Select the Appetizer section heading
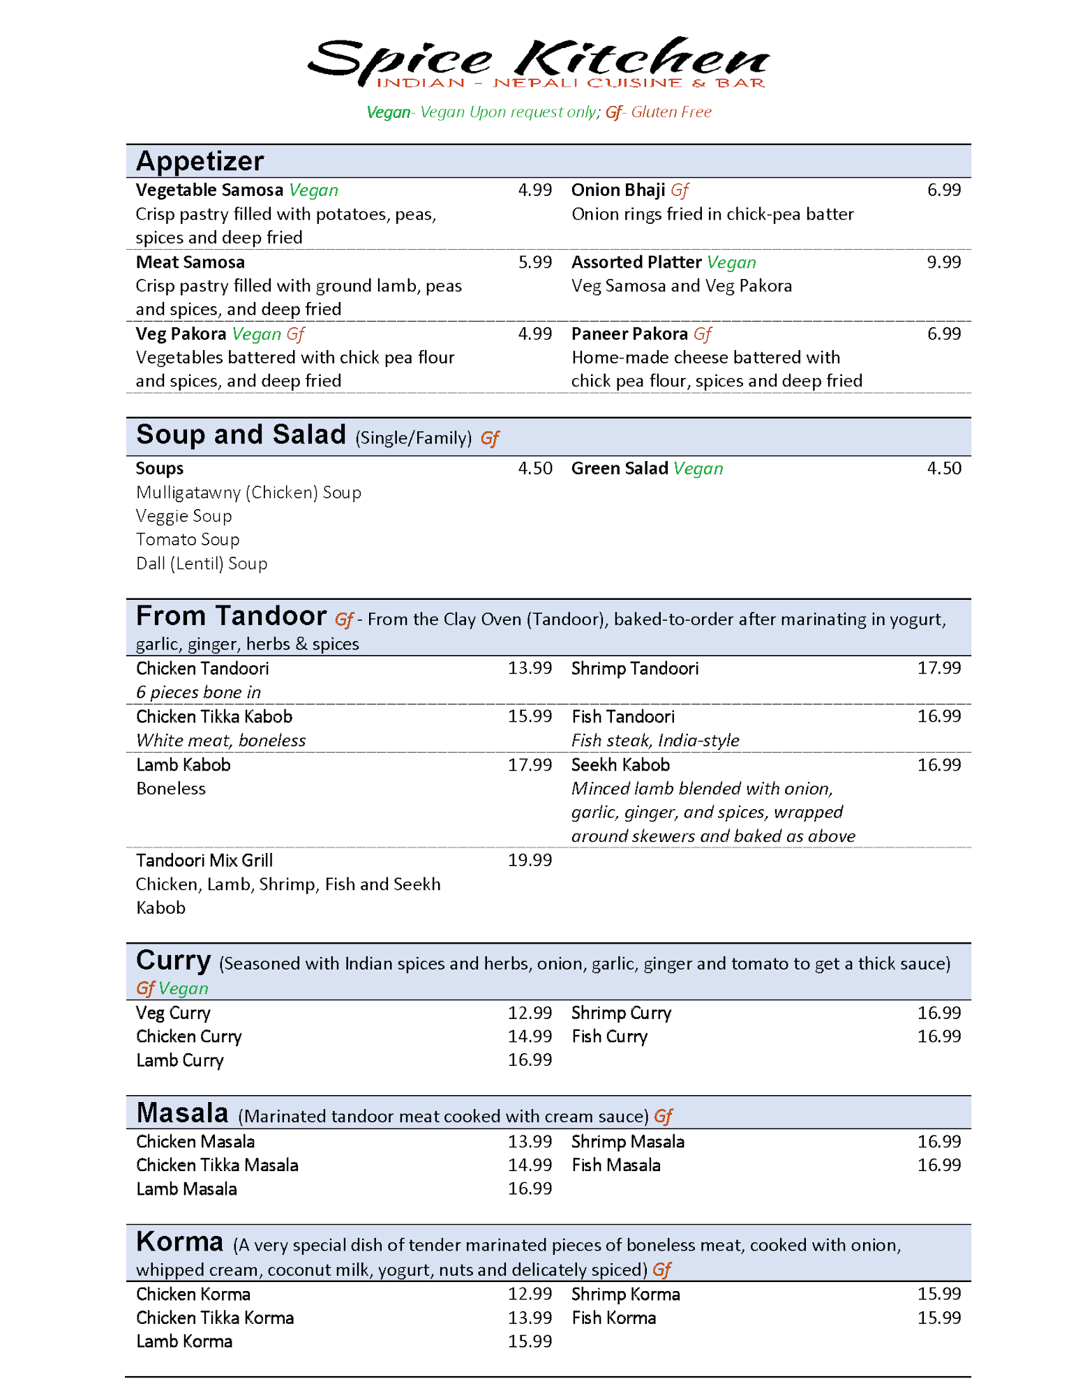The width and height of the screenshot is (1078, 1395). pyautogui.click(x=200, y=161)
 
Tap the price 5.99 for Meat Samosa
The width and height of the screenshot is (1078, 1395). pyautogui.click(x=534, y=262)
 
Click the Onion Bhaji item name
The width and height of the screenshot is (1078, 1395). pyautogui.click(x=617, y=190)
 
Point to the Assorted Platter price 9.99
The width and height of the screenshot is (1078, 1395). pyautogui.click(x=943, y=262)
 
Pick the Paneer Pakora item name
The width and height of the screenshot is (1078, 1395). pyautogui.click(x=629, y=334)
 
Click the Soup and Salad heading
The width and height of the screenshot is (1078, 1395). pyautogui.click(x=241, y=435)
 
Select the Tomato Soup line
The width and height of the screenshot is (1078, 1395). pyautogui.click(x=188, y=540)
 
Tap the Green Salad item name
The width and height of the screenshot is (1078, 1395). pyautogui.click(x=620, y=469)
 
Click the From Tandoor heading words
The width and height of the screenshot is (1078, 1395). pyautogui.click(x=231, y=617)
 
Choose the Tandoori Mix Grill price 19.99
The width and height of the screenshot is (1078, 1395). pyautogui.click(x=530, y=861)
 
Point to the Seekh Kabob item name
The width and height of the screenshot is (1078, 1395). pyautogui.click(x=620, y=765)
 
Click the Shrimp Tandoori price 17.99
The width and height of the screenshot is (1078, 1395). pyautogui.click(x=938, y=668)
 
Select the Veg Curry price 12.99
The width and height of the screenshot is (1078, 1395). pyautogui.click(x=530, y=1013)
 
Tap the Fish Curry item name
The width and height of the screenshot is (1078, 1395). pyautogui.click(x=609, y=1036)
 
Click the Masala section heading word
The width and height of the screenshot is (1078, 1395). pyautogui.click(x=182, y=1113)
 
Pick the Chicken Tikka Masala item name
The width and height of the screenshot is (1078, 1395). pyautogui.click(x=217, y=1166)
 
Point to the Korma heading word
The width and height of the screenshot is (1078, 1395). pyautogui.click(x=179, y=1242)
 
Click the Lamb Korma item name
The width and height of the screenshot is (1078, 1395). pyautogui.click(x=184, y=1342)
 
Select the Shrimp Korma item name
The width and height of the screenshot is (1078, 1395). pyautogui.click(x=625, y=1295)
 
